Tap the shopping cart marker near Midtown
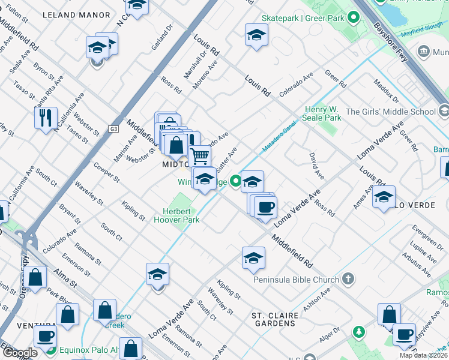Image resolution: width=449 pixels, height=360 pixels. [199, 156]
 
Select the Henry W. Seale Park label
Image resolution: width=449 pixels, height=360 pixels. [323, 113]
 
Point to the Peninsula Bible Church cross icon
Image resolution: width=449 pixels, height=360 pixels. [348, 279]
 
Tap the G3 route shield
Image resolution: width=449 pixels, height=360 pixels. [113, 128]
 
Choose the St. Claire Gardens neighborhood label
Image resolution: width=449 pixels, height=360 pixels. [273, 319]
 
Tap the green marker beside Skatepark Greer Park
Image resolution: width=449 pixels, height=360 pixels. [355, 19]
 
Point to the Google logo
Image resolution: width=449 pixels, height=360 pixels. [19, 353]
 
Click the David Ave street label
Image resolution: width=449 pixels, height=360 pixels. [316, 166]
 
